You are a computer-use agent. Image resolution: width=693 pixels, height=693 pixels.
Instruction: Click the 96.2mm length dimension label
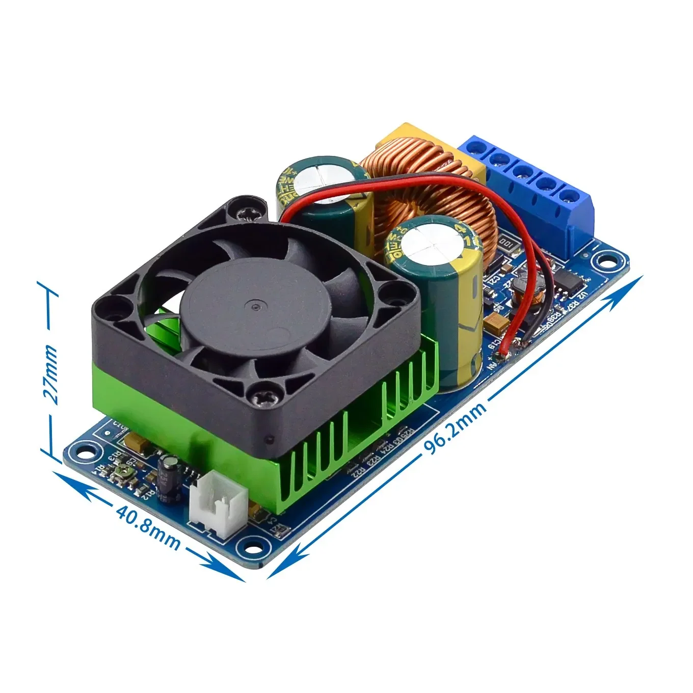point(455,425)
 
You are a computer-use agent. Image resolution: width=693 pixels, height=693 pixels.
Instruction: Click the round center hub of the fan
point(254,306)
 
